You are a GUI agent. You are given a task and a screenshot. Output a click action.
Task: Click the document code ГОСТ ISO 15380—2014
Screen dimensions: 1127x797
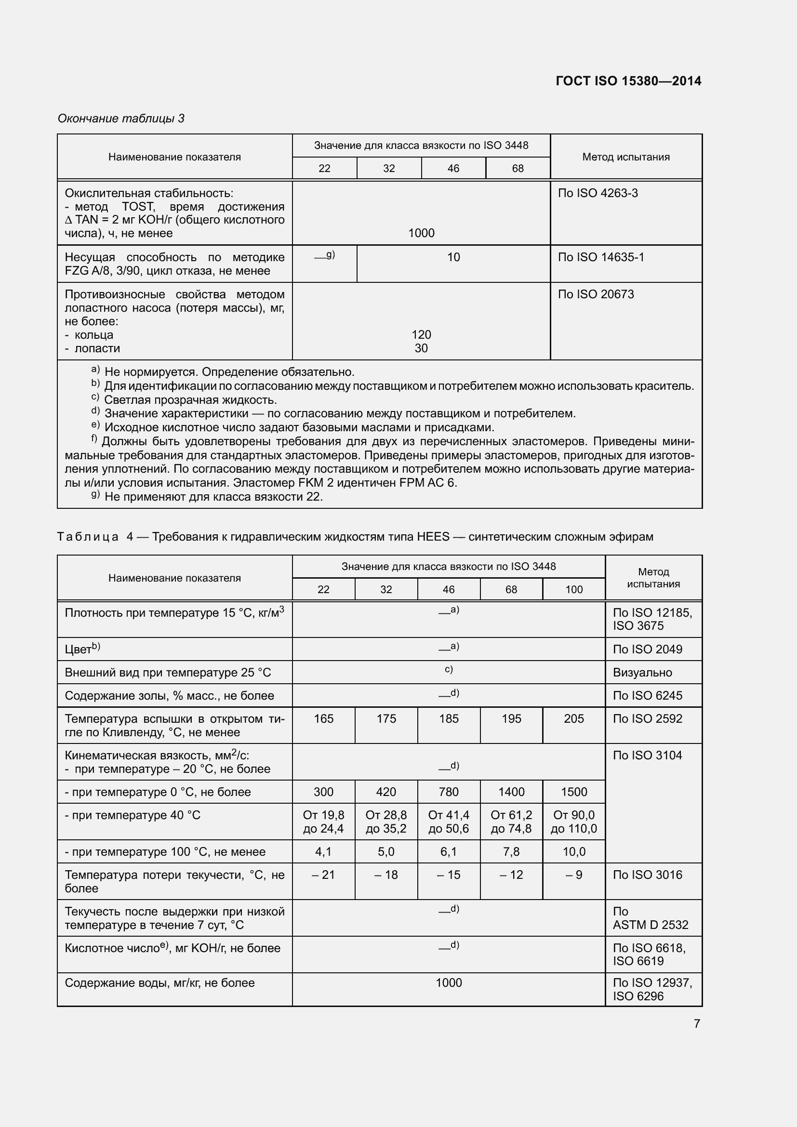click(628, 81)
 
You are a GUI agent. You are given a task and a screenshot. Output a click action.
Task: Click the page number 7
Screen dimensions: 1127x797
click(697, 1023)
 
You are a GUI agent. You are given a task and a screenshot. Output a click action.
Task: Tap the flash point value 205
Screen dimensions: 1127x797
click(574, 718)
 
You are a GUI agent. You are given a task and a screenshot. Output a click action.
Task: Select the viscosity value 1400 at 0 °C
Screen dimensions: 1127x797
click(511, 792)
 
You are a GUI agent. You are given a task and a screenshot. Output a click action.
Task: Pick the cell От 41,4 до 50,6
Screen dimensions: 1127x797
click(449, 822)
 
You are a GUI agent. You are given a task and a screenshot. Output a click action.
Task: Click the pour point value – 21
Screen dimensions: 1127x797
click(323, 875)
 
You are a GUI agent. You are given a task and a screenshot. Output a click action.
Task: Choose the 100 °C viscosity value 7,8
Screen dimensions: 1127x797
click(511, 851)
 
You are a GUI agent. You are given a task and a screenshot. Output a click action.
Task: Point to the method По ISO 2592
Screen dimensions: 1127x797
click(647, 718)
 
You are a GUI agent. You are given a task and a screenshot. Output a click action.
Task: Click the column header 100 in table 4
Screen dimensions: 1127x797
click(574, 589)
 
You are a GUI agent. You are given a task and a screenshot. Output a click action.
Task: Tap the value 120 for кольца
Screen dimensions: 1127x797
click(421, 335)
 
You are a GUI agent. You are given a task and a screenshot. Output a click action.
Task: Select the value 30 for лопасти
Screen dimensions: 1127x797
click(421, 348)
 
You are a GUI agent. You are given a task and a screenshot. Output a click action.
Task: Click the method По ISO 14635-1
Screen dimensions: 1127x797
click(601, 257)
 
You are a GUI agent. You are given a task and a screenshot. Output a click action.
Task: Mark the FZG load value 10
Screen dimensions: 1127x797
click(453, 257)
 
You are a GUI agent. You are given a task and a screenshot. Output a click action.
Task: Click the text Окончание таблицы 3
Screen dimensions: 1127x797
click(121, 119)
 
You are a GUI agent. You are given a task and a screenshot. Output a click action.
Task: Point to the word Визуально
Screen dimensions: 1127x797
click(642, 673)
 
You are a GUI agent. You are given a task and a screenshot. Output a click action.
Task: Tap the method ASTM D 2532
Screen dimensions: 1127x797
click(650, 925)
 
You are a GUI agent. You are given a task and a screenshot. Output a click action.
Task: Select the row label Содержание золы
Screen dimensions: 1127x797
click(169, 696)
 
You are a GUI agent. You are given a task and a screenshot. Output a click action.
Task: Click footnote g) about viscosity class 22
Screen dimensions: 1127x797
click(213, 497)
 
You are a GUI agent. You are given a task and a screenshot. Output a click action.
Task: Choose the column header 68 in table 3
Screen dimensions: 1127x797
click(518, 168)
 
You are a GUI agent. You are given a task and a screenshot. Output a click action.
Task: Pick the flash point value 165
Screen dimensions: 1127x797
click(323, 718)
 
